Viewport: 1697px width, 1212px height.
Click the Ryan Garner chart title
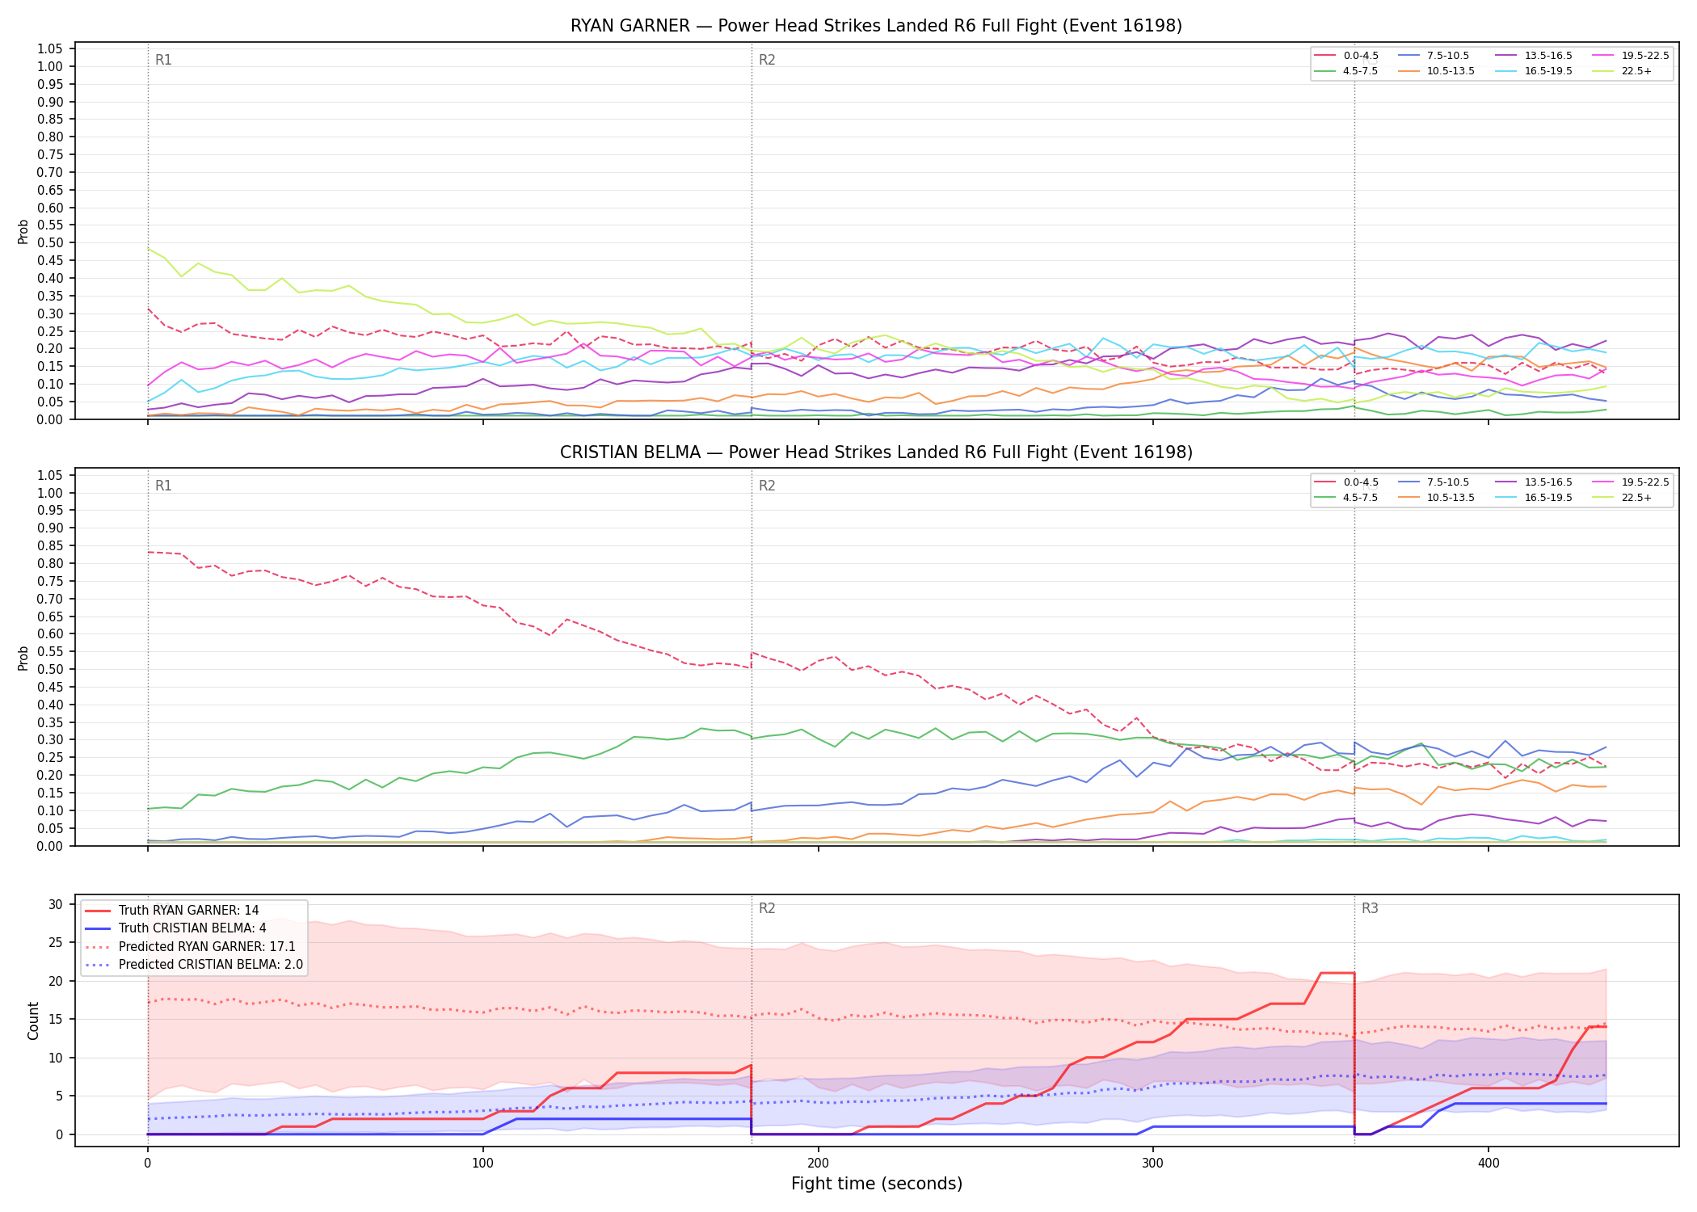[876, 26]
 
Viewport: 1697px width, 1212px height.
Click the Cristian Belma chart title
[876, 452]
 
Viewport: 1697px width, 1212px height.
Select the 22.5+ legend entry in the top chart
[1623, 71]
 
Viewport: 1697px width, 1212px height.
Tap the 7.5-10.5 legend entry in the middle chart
[1434, 482]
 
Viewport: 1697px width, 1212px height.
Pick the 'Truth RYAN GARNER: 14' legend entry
[172, 911]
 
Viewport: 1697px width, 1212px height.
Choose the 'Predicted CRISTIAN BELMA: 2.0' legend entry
[194, 965]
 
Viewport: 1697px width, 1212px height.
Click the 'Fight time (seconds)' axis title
[877, 1185]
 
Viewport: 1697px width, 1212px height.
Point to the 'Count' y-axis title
[33, 1021]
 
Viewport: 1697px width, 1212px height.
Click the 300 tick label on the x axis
[1153, 1164]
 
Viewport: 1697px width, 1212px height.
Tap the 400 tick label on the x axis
[1489, 1164]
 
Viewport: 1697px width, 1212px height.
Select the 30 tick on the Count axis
[56, 904]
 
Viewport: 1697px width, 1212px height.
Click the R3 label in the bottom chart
[1370, 908]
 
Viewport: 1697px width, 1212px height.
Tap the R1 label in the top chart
[163, 60]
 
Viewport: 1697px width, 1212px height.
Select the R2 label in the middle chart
[767, 486]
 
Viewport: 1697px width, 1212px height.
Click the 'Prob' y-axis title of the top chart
[23, 231]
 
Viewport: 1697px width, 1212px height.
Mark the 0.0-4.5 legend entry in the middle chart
[1346, 482]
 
